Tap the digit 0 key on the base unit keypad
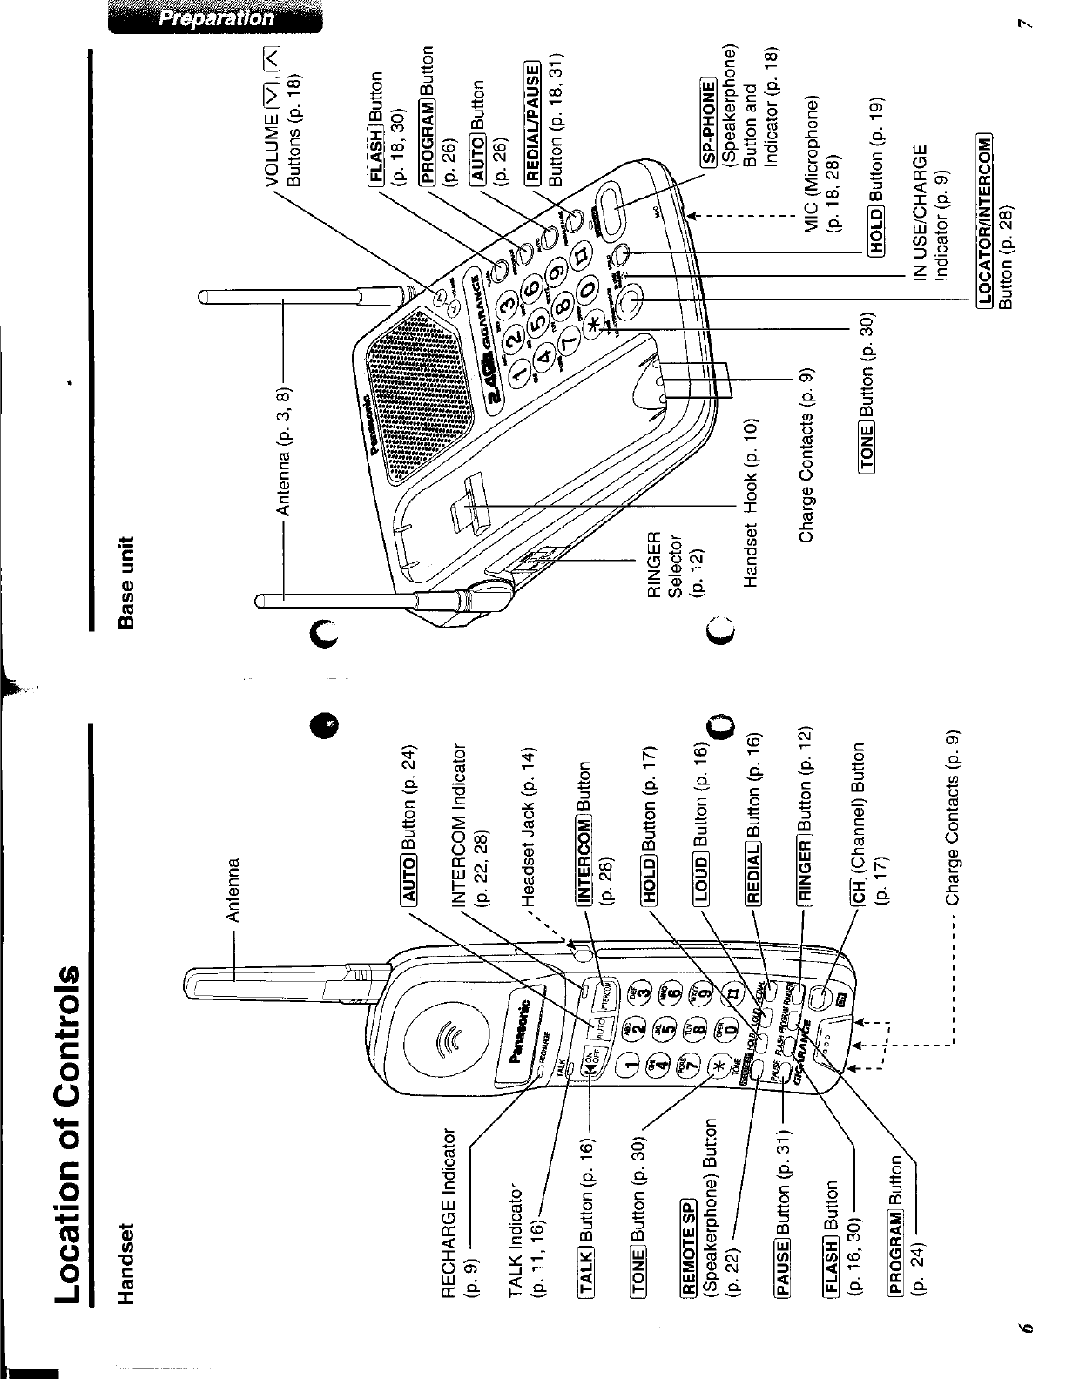click(x=589, y=289)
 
